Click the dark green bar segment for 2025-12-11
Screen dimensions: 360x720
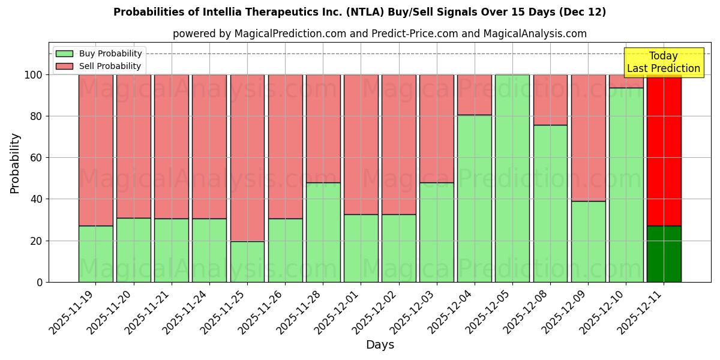664,254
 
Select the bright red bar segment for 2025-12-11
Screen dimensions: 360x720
664,150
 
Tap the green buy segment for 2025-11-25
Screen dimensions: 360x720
247,262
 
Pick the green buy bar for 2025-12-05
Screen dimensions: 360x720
512,178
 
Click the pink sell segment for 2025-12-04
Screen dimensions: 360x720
475,95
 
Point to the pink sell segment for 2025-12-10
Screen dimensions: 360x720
626,81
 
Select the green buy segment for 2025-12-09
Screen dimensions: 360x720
588,241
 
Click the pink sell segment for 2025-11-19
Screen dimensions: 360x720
95,150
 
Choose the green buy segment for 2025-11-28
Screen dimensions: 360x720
323,232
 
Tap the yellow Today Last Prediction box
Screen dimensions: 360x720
663,62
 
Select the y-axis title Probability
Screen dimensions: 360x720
15,163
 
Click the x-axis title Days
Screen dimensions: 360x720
380,345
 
